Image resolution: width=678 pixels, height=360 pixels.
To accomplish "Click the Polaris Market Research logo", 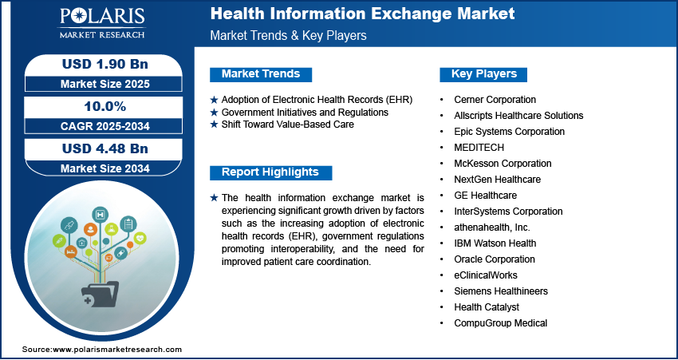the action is [x=102, y=22].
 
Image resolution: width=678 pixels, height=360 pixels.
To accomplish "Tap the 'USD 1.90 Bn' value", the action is [x=105, y=64].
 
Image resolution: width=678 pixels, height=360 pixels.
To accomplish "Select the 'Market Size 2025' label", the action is [x=105, y=84].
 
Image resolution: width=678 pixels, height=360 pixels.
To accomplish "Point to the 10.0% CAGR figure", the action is [x=105, y=106].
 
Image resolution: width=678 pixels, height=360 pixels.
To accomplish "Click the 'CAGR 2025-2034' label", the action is [x=105, y=126].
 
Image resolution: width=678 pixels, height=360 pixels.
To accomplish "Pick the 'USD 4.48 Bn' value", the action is [x=105, y=148].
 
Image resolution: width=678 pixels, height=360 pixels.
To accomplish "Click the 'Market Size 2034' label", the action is [x=105, y=168].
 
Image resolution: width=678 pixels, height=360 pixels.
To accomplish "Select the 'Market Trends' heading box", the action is [x=261, y=74].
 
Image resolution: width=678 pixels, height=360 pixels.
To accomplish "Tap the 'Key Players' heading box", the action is [x=483, y=74].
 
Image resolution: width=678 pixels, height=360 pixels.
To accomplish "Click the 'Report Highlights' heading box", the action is [x=270, y=172].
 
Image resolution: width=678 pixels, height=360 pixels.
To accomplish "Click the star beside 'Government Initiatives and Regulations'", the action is [x=214, y=113].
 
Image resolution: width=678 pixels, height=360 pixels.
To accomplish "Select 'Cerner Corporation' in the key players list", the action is [x=495, y=100].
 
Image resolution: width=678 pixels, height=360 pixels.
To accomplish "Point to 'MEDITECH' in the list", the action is [x=479, y=148].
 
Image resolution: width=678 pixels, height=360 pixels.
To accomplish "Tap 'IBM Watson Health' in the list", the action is [x=495, y=243].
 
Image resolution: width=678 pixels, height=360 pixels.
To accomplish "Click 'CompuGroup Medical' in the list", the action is [x=500, y=323].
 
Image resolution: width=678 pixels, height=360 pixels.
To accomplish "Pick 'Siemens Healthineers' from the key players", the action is [x=501, y=291].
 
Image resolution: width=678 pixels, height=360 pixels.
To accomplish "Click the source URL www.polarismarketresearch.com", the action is [x=116, y=350].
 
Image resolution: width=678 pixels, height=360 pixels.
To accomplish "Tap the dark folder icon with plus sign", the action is [x=100, y=294].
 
